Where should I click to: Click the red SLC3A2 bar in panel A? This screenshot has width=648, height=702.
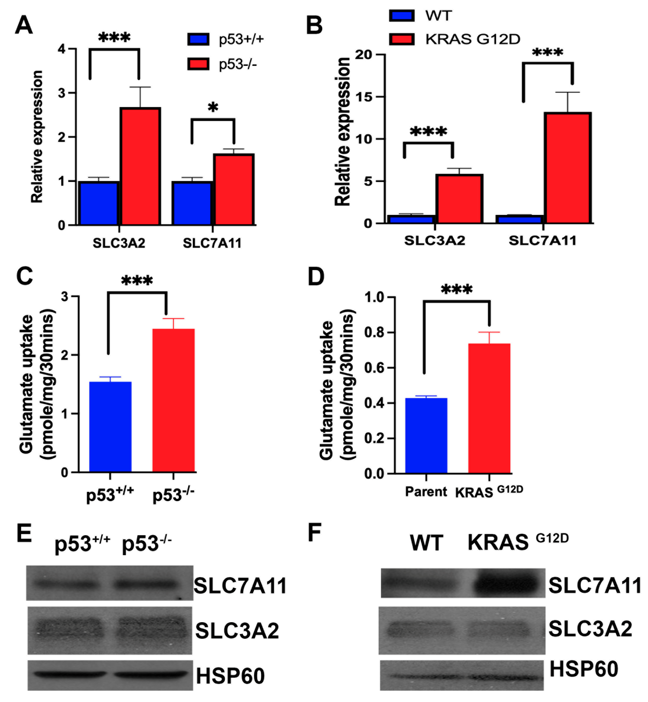140,166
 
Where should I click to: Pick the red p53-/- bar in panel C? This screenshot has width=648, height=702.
173,400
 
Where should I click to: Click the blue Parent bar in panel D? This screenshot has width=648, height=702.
426,435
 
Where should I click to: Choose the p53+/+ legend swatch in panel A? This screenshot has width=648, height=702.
198,39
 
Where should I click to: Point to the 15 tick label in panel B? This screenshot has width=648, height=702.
364,97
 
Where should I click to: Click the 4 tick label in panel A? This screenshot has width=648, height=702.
62,49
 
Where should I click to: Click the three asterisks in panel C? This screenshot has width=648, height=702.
137,281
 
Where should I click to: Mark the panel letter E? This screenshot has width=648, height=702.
24,533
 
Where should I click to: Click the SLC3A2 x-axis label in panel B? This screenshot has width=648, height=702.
435,241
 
